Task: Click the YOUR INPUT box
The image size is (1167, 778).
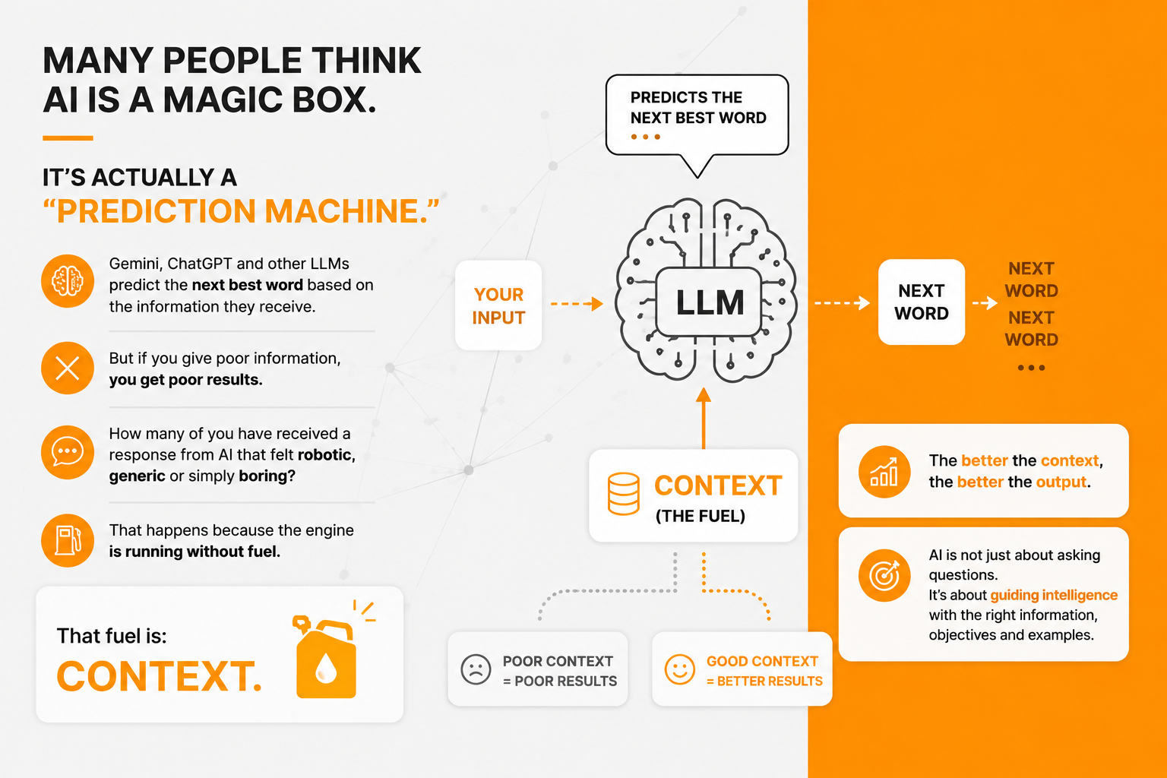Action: (498, 305)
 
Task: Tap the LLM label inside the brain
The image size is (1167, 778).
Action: (709, 302)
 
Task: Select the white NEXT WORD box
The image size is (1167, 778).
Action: (921, 302)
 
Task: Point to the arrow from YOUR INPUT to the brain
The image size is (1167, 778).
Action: (577, 303)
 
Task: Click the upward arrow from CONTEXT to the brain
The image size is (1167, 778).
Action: (704, 418)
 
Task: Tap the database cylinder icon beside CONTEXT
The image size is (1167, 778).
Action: (623, 494)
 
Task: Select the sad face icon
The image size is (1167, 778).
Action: (476, 669)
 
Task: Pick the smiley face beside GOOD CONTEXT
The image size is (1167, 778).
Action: (679, 669)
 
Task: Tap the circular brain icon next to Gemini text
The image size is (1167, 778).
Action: (68, 281)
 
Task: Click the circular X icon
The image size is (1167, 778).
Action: (68, 368)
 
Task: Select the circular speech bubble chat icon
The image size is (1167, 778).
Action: (68, 452)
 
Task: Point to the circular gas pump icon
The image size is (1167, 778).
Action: (68, 540)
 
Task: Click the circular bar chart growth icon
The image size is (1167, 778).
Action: (884, 472)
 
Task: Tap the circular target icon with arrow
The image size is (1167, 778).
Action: (884, 575)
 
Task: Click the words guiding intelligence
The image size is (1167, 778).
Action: (1054, 596)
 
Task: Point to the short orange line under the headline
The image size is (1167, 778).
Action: (68, 138)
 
